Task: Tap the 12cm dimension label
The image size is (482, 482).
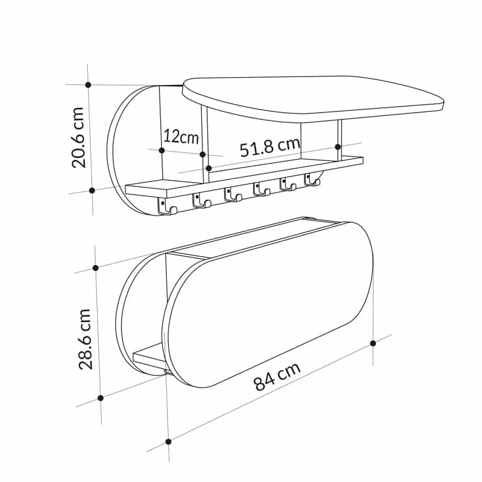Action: pyautogui.click(x=181, y=137)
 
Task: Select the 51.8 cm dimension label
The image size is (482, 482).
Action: pyautogui.click(x=270, y=147)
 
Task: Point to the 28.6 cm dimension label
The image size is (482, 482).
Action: pyautogui.click(x=86, y=339)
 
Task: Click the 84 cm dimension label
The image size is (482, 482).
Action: pyautogui.click(x=277, y=376)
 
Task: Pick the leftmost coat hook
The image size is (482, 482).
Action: pyautogui.click(x=167, y=206)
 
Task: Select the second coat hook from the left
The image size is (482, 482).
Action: pyautogui.click(x=201, y=200)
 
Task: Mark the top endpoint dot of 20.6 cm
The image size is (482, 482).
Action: pyautogui.click(x=88, y=84)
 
